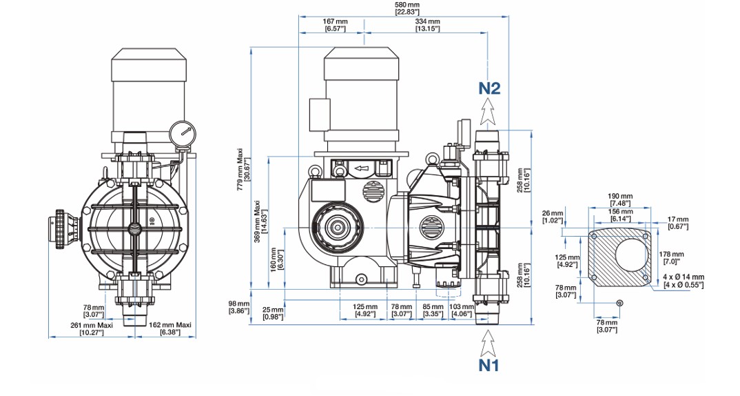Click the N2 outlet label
pyautogui.click(x=489, y=88)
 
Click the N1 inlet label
pyautogui.click(x=489, y=365)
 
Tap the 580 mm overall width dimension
pyautogui.click(x=407, y=8)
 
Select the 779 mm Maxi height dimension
pyautogui.click(x=242, y=169)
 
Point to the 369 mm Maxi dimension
pyautogui.click(x=260, y=221)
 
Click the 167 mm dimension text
pyautogui.click(x=335, y=25)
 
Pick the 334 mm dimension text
pyautogui.click(x=428, y=25)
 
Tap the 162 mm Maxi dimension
pyautogui.click(x=170, y=328)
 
